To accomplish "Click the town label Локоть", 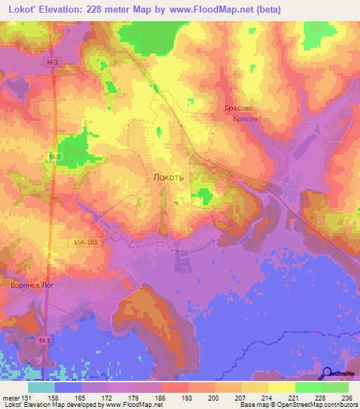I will click(169, 178).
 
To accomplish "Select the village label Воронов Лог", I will click(32, 286).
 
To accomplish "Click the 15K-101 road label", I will click(86, 241).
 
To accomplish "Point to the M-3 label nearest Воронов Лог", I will click(44, 340).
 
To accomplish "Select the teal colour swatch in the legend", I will click(41, 387).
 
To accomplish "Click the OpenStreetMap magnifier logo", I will click(326, 374).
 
